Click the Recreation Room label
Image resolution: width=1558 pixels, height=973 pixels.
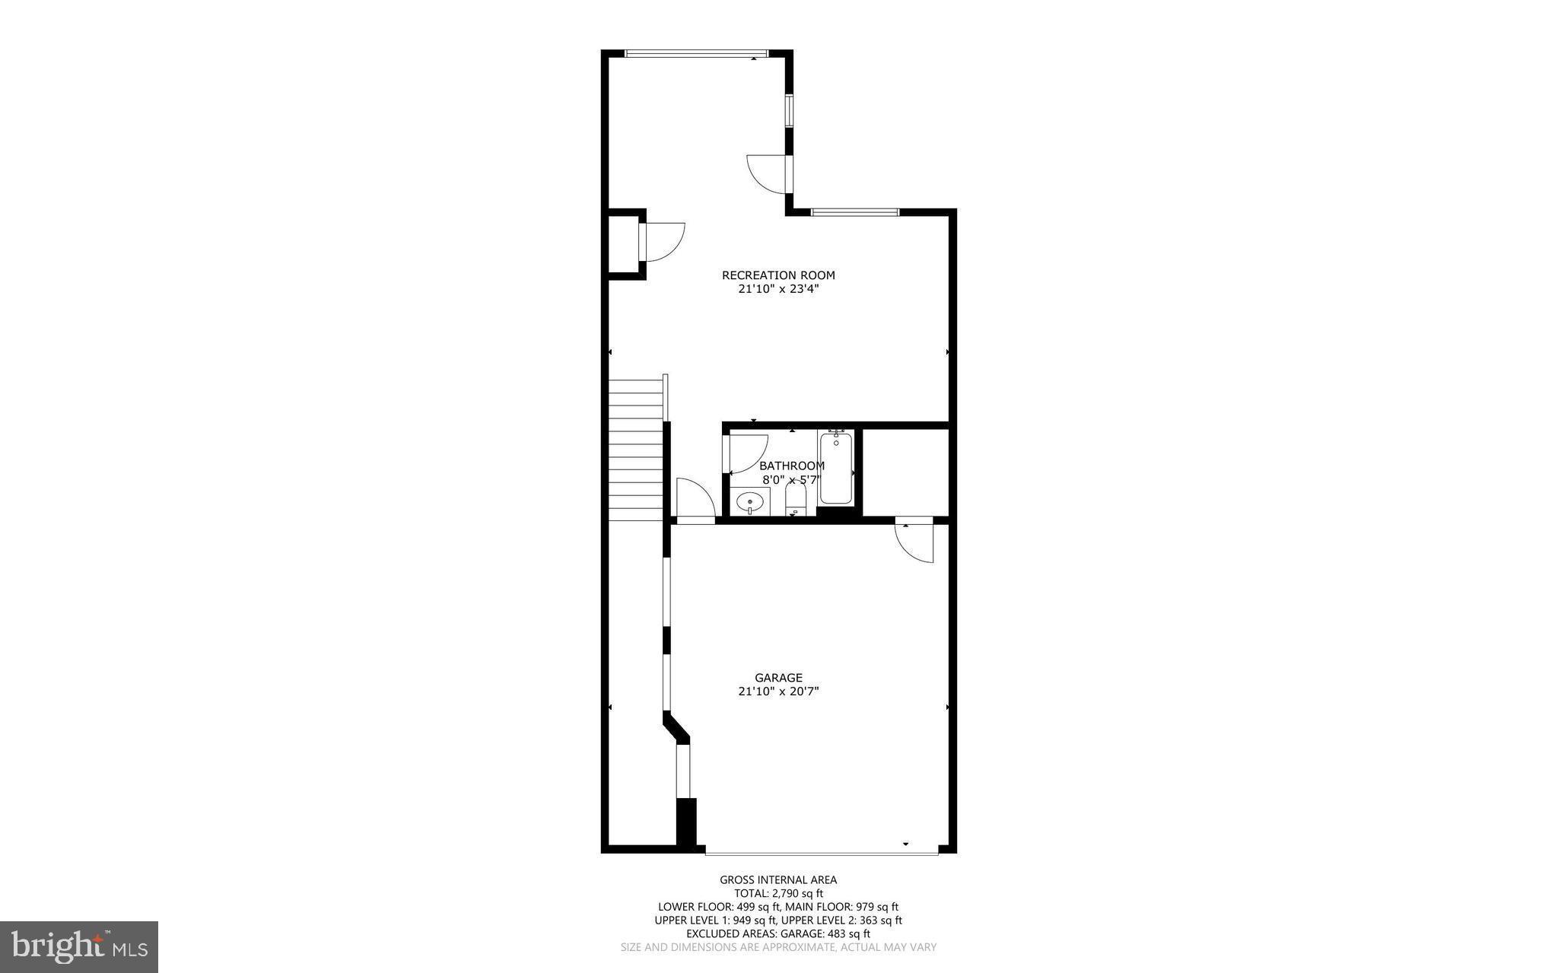(777, 275)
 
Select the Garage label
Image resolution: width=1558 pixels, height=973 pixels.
(778, 678)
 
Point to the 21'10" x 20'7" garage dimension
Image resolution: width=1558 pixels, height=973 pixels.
(778, 692)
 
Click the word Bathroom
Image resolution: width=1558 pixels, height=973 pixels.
(791, 466)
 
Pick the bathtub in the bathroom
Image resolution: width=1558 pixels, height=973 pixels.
(835, 468)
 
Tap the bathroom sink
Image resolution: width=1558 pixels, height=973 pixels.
(751, 502)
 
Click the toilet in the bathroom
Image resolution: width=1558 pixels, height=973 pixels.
(795, 501)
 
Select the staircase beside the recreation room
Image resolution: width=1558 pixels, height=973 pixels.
(636, 450)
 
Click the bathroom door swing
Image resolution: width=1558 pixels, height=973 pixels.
(746, 453)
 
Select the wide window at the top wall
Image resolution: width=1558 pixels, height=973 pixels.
(696, 53)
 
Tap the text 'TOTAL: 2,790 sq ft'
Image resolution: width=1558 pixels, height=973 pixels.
(778, 893)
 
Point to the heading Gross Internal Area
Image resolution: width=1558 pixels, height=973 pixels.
(778, 880)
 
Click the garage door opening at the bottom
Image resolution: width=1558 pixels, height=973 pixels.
(822, 851)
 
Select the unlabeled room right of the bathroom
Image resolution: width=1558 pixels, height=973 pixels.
(905, 472)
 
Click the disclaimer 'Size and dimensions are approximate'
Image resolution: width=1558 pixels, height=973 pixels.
(778, 948)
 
